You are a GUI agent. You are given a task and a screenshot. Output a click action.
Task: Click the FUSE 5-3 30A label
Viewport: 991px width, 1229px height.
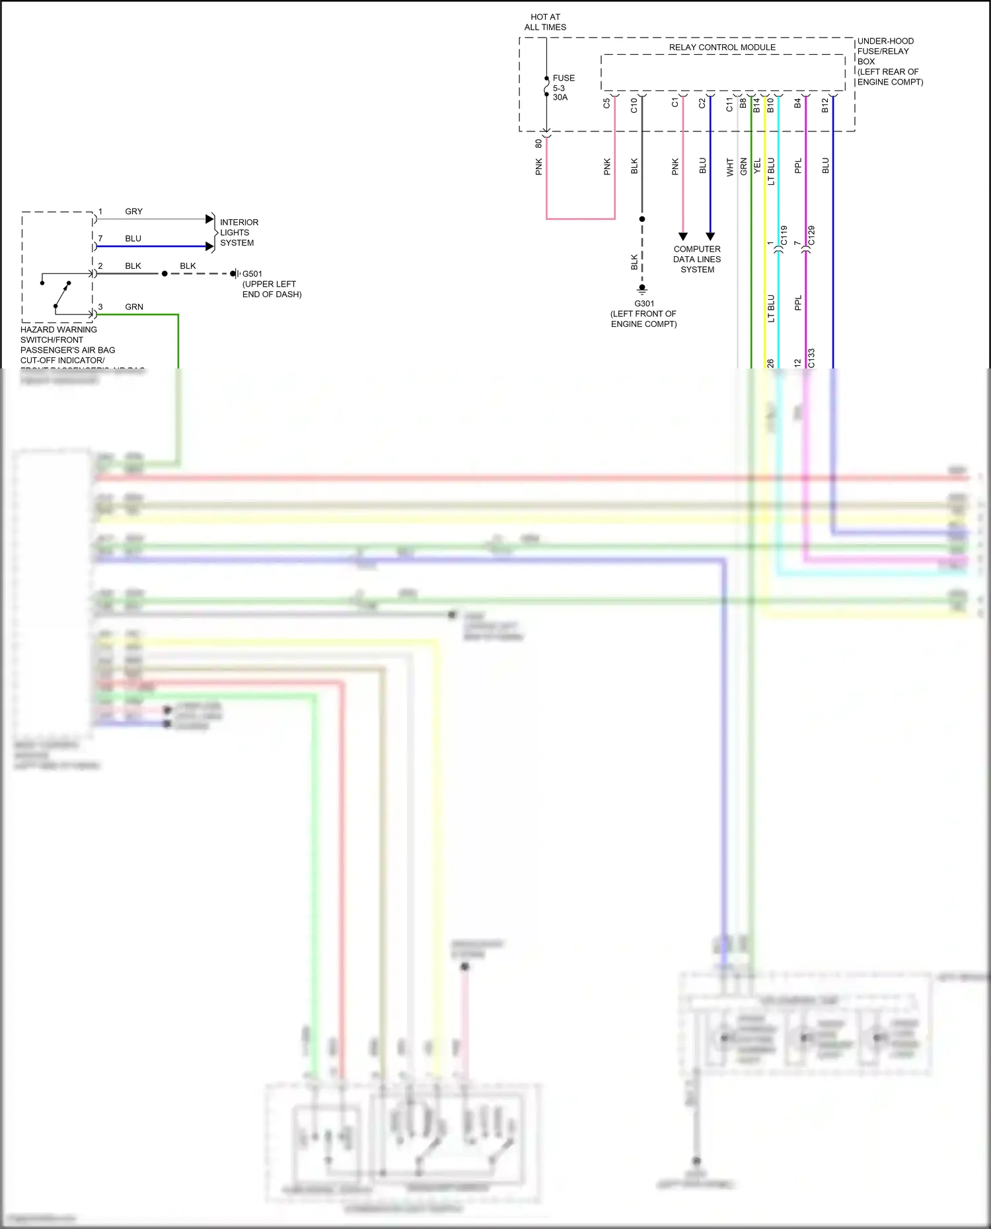563,88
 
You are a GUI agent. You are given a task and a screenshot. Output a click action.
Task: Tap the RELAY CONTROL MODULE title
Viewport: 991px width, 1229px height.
722,48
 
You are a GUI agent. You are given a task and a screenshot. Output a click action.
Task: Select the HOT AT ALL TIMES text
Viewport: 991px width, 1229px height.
545,22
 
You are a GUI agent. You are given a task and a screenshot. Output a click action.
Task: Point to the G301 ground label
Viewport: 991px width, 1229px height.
644,304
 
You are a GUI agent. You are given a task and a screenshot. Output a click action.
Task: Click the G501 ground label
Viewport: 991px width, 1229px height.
252,274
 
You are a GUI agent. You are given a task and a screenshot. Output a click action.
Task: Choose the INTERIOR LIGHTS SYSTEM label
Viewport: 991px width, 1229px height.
239,232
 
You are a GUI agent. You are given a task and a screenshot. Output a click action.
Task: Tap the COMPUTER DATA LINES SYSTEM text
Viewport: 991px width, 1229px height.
697,260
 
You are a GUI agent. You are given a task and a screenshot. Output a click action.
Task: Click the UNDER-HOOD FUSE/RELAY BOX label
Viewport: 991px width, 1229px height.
889,61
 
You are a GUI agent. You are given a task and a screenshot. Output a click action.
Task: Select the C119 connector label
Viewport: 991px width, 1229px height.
784,236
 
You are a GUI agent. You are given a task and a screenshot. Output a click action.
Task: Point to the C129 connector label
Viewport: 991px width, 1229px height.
811,236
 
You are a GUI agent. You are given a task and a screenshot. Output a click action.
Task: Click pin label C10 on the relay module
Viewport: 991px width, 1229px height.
634,105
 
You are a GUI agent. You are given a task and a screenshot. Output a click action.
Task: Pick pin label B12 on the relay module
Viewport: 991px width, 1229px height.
825,105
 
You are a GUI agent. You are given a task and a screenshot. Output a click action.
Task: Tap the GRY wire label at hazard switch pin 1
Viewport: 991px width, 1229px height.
133,211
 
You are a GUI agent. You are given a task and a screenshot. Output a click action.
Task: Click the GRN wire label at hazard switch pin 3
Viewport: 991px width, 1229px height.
134,307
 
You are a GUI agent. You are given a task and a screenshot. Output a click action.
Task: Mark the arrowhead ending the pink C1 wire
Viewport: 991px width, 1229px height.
683,236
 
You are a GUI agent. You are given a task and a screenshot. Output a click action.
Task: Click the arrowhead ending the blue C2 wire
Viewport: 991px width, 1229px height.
710,236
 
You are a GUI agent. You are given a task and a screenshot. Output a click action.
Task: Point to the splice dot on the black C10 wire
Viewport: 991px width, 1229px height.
642,219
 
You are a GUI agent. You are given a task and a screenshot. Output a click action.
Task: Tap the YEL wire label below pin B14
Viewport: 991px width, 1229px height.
757,166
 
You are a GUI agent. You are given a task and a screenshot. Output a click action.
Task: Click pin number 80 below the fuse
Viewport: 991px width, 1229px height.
538,143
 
